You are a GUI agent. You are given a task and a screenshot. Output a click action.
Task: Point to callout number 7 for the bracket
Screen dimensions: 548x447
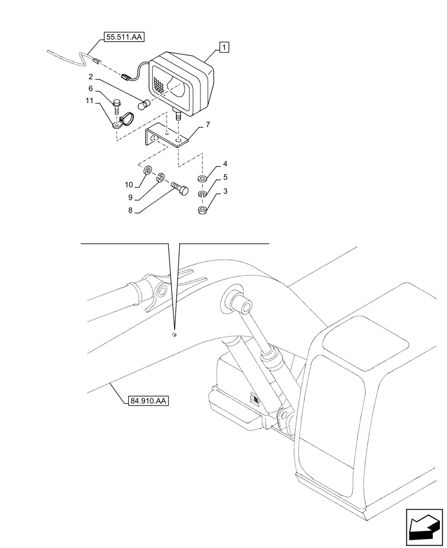208,125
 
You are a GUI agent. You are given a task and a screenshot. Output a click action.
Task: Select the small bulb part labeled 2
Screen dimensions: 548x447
145,105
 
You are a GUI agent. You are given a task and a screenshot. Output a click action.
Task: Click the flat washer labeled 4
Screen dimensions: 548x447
202,179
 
